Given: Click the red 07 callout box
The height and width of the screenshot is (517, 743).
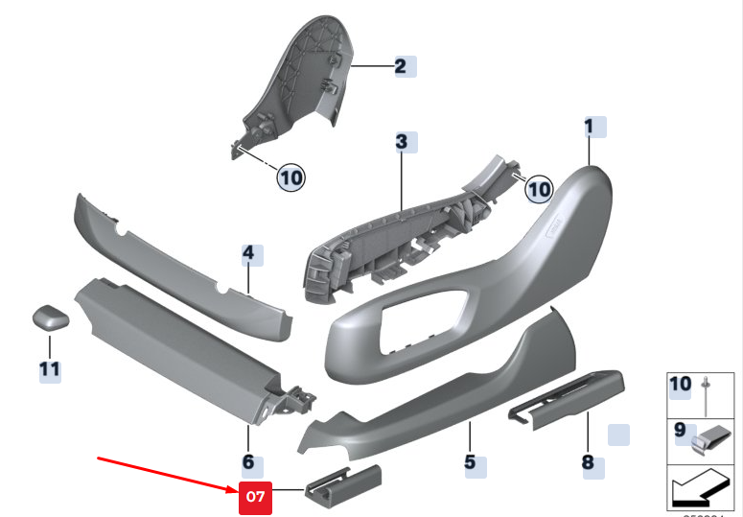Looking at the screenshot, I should coord(254,497).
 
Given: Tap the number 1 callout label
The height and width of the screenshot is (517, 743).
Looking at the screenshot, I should coord(590,126).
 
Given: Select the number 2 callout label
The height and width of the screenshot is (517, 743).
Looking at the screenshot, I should coord(401,66).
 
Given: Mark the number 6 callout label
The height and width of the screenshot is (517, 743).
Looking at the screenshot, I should coord(247,462).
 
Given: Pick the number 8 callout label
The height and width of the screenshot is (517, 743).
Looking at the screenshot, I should coord(588,462).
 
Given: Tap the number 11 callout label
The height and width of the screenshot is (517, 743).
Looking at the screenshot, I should coord(49,368).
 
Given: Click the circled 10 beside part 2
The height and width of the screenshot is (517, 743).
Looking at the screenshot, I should coord(290,176).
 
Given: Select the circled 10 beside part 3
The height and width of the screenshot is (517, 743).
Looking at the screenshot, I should coord(539,189).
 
